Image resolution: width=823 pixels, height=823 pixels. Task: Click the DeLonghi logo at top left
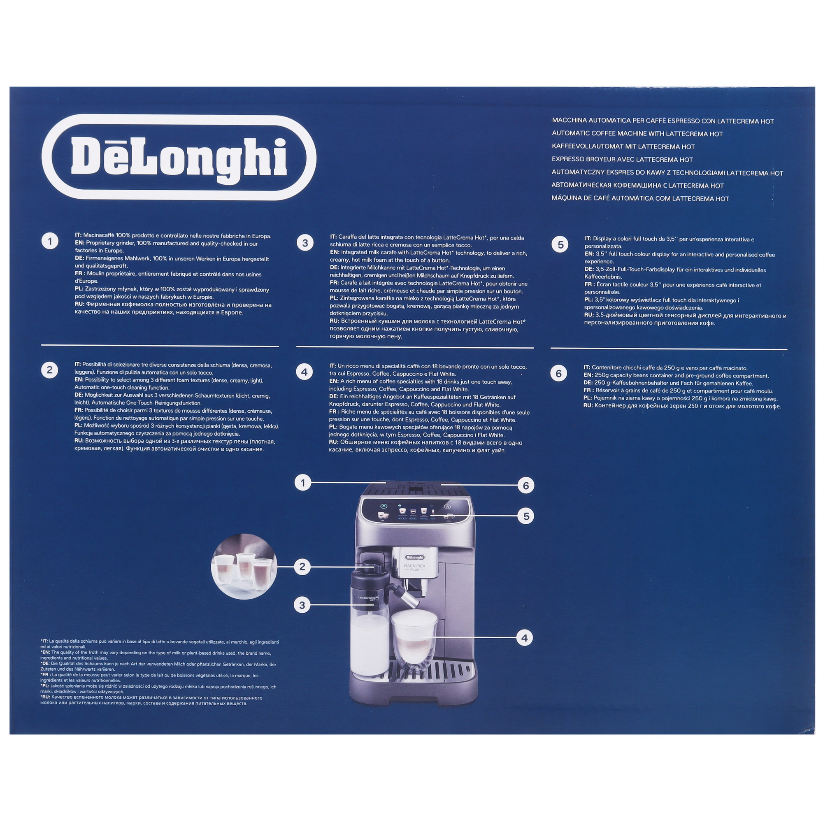pyautogui.click(x=179, y=157)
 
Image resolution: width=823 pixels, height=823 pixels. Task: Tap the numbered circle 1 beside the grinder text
pyautogui.click(x=50, y=242)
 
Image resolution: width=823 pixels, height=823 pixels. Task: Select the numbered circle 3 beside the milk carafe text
pyautogui.click(x=305, y=243)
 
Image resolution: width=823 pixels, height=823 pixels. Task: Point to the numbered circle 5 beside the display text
pyautogui.click(x=560, y=244)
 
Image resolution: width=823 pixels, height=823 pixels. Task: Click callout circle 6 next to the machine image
pyautogui.click(x=525, y=485)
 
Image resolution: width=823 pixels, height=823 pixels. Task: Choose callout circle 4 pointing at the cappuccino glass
pyautogui.click(x=524, y=638)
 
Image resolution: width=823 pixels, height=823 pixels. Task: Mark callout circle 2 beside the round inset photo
pyautogui.click(x=302, y=567)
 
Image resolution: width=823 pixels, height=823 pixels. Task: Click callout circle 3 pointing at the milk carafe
pyautogui.click(x=302, y=605)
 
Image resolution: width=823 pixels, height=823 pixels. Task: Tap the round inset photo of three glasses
pyautogui.click(x=244, y=567)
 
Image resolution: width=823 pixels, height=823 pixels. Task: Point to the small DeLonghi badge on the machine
pyautogui.click(x=414, y=557)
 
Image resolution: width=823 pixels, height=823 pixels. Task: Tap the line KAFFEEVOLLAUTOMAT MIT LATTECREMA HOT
pyautogui.click(x=623, y=146)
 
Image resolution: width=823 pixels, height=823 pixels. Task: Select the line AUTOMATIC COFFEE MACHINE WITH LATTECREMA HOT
pyautogui.click(x=637, y=134)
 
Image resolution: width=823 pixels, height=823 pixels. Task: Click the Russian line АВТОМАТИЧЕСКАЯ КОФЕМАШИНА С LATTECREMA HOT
pyautogui.click(x=637, y=185)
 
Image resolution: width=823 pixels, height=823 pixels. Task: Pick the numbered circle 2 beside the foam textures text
pyautogui.click(x=49, y=370)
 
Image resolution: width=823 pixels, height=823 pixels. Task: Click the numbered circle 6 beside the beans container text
pyautogui.click(x=558, y=374)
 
